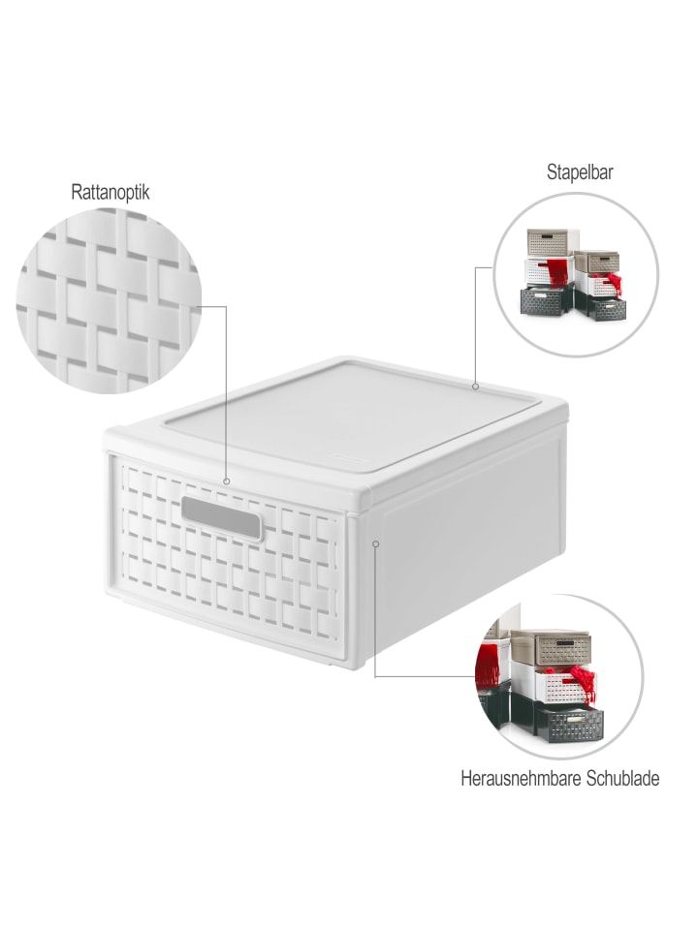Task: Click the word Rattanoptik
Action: (111, 193)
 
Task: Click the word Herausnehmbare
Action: (522, 778)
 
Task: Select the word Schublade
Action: (622, 778)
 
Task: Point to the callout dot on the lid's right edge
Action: (475, 387)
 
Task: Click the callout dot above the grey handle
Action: (226, 481)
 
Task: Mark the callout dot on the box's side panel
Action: (375, 543)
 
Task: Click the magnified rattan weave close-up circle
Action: (110, 300)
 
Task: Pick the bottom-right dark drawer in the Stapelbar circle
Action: (608, 308)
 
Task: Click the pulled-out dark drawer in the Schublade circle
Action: (571, 723)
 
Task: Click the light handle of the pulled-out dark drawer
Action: (575, 719)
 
